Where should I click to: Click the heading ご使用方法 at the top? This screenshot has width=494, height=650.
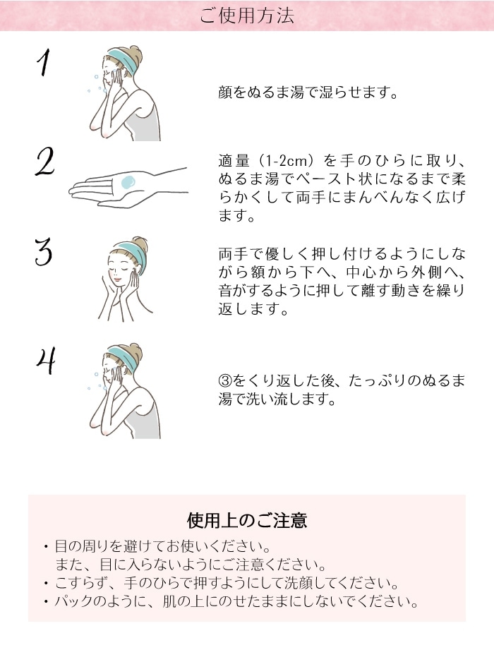(x=246, y=16)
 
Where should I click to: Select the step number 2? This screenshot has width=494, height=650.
(x=44, y=162)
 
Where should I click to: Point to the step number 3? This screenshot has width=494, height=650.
(x=44, y=252)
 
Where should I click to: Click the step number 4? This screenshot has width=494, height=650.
(x=45, y=359)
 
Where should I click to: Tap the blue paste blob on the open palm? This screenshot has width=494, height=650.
(x=128, y=183)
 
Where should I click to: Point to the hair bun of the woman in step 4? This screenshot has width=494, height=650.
(x=135, y=350)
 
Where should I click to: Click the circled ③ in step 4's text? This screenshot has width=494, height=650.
(x=224, y=381)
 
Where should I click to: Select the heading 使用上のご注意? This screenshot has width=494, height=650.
(x=246, y=521)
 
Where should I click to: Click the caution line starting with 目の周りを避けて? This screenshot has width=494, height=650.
(x=163, y=547)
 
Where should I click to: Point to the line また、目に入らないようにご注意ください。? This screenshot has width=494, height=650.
(x=191, y=565)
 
